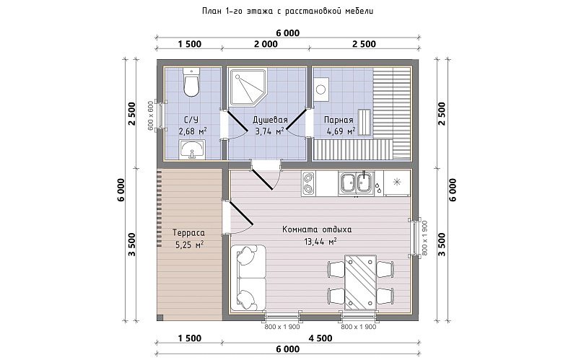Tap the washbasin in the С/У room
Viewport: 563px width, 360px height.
[192, 149]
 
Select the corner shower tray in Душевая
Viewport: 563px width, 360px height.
[248, 87]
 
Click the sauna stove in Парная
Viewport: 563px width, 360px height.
[320, 89]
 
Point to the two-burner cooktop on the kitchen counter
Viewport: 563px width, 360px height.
[308, 183]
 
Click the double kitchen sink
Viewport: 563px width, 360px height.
[356, 183]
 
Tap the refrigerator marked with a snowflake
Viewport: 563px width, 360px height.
[397, 183]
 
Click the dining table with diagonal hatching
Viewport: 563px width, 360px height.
[360, 282]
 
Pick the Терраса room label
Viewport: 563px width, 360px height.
[188, 232]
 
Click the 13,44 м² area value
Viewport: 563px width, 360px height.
[320, 242]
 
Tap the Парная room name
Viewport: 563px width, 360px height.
[339, 120]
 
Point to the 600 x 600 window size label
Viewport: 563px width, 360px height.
[150, 115]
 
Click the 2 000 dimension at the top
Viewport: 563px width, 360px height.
[266, 44]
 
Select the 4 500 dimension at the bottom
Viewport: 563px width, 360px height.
[320, 338]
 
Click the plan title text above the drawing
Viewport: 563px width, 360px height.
[287, 11]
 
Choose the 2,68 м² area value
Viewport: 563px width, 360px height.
[193, 131]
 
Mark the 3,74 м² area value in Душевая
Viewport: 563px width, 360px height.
[270, 131]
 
